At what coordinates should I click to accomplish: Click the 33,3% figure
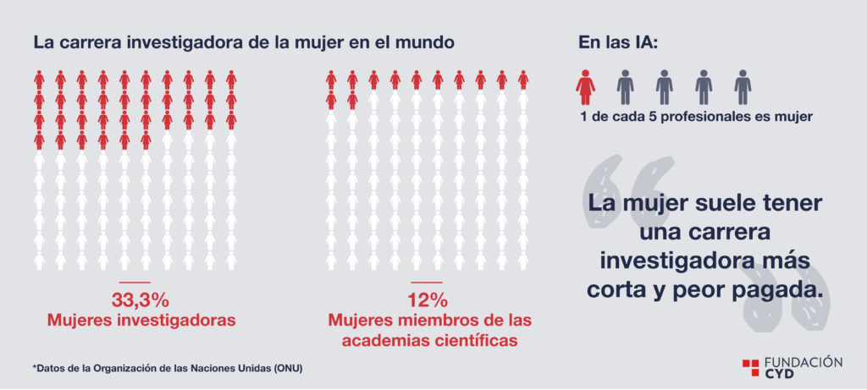pyautogui.click(x=140, y=300)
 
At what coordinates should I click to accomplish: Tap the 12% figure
pyautogui.click(x=427, y=300)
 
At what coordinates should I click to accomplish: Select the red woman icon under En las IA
pyautogui.click(x=586, y=87)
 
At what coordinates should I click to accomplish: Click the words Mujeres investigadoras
pyautogui.click(x=141, y=321)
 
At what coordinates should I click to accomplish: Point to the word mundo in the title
pyautogui.click(x=423, y=43)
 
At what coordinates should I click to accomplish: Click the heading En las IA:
pyautogui.click(x=618, y=43)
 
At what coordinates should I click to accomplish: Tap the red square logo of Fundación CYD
pyautogui.click(x=750, y=368)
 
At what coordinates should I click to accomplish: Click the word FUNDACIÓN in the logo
pyautogui.click(x=803, y=362)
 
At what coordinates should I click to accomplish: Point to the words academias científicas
pyautogui.click(x=429, y=340)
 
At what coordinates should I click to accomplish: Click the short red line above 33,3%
pyautogui.click(x=135, y=283)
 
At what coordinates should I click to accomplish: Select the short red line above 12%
pyautogui.click(x=427, y=283)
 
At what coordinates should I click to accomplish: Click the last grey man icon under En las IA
pyautogui.click(x=743, y=87)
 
